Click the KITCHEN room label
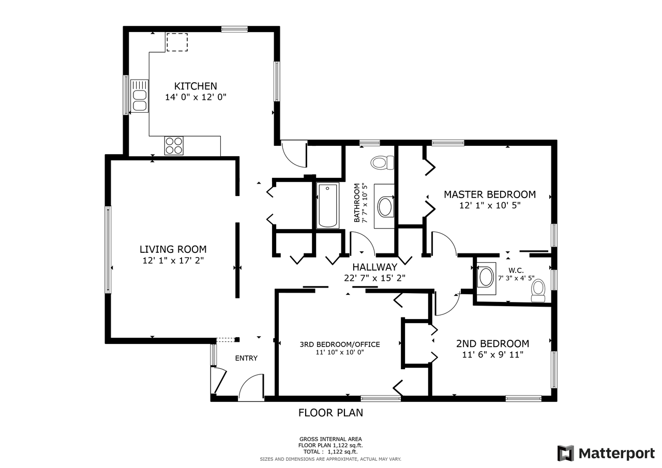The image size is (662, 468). click(195, 86)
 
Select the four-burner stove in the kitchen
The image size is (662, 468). click(174, 146)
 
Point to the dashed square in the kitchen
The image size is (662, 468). click(177, 42)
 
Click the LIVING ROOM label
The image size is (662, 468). click(173, 249)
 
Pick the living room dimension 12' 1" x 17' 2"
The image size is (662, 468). click(173, 261)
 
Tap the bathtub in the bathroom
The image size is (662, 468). click(327, 206)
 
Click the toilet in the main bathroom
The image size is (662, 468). click(382, 162)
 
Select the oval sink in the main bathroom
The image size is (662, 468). click(385, 207)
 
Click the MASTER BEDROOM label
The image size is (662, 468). click(490, 194)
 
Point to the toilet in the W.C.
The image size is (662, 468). click(538, 291)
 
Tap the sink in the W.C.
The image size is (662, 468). click(486, 277)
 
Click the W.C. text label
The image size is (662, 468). click(516, 270)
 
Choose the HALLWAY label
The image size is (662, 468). click(374, 267)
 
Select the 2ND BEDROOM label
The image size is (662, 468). click(493, 343)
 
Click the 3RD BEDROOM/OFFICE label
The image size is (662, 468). click(340, 344)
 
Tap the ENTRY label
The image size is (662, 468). click(246, 358)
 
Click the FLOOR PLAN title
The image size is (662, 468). click(330, 413)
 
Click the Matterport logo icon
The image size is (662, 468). click(566, 453)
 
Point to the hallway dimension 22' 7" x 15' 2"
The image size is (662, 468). click(374, 278)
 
